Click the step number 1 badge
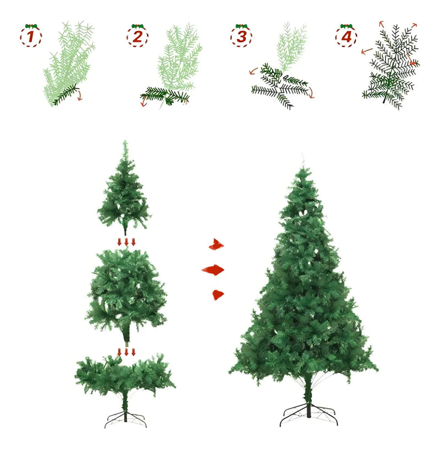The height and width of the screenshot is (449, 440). [31, 37]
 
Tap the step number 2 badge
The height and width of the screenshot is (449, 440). [137, 37]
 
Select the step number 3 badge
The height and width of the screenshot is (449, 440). [241, 37]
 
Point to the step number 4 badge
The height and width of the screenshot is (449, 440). [346, 37]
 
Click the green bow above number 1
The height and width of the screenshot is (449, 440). [31, 26]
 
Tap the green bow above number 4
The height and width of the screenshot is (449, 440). [346, 26]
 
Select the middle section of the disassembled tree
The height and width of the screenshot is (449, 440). [127, 295]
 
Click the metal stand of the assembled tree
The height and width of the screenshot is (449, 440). [309, 414]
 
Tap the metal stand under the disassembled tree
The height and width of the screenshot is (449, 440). [125, 420]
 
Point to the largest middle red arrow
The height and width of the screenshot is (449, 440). [213, 270]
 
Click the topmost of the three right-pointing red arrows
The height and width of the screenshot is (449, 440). [216, 244]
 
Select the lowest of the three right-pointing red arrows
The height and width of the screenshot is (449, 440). [218, 295]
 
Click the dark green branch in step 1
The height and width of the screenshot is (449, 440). [66, 95]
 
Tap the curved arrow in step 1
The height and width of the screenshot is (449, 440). [80, 95]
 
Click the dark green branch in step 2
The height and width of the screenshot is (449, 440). [164, 96]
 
